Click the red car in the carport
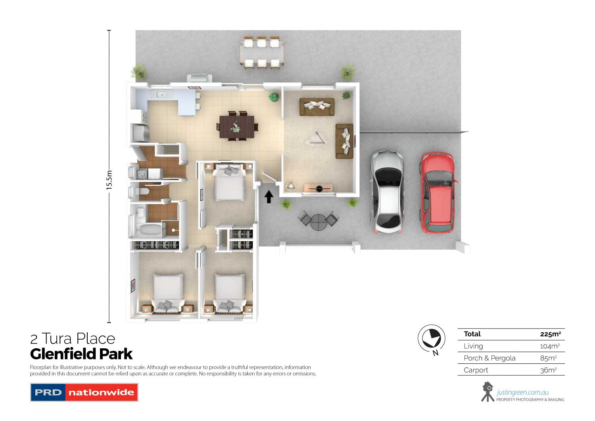[x=437, y=193]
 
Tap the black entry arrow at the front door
[x=269, y=197]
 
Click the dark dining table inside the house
[x=237, y=127]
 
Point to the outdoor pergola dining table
[x=261, y=53]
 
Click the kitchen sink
[x=161, y=95]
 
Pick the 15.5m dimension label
[x=109, y=180]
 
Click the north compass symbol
[x=432, y=339]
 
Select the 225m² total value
[x=550, y=334]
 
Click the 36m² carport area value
[x=548, y=370]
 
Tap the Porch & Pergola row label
[x=489, y=358]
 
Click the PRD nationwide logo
[x=84, y=392]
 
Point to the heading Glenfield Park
[x=81, y=354]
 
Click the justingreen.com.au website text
[x=522, y=392]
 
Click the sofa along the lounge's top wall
[x=317, y=107]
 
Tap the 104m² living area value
[x=549, y=346]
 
